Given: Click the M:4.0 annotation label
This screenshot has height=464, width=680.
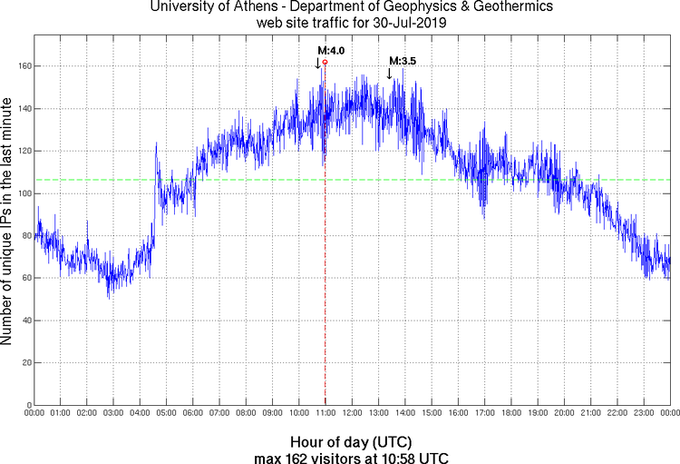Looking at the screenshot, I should click(331, 51).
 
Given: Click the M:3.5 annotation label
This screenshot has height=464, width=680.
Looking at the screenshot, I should click(402, 61).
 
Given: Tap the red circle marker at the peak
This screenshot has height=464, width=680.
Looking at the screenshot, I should click(325, 62).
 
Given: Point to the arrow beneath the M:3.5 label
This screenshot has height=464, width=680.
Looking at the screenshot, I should click(390, 74).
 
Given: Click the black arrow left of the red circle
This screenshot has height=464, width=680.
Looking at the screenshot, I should click(317, 64).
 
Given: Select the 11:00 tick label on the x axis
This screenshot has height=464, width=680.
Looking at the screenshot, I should click(325, 413).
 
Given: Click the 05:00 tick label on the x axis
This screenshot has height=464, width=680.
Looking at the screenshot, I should click(167, 413).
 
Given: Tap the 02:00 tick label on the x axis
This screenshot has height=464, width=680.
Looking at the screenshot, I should click(87, 413).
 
